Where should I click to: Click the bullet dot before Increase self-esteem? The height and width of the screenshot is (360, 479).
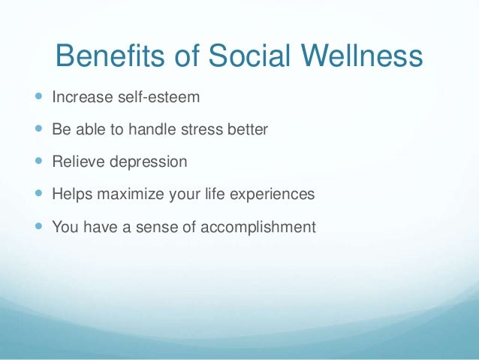[38, 97]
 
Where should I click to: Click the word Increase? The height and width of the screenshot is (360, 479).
[79, 98]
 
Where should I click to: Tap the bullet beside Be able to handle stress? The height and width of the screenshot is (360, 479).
[38, 129]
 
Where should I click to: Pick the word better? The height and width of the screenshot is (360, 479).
[249, 130]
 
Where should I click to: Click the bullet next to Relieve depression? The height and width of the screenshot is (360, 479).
[38, 162]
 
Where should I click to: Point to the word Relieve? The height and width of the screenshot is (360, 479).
[75, 162]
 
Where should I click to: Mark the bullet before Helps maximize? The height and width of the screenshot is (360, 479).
[38, 194]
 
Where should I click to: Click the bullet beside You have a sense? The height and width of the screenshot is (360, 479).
[38, 226]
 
